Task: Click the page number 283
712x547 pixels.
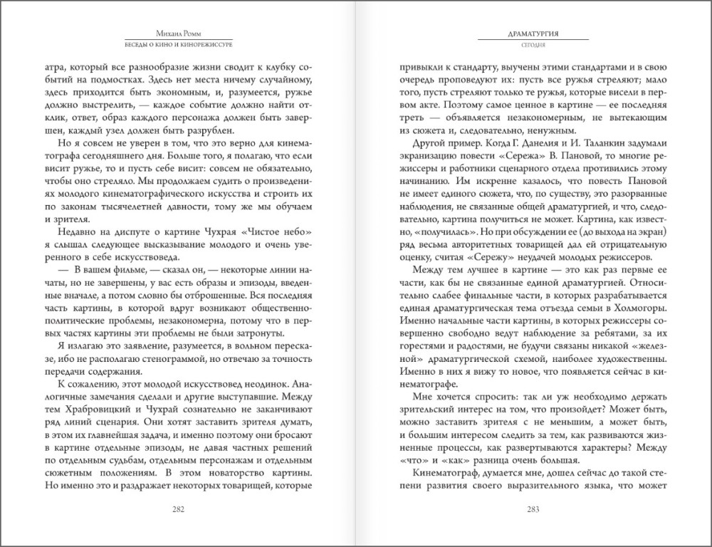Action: pos(533,509)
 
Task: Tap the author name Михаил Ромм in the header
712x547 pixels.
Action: pos(178,33)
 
